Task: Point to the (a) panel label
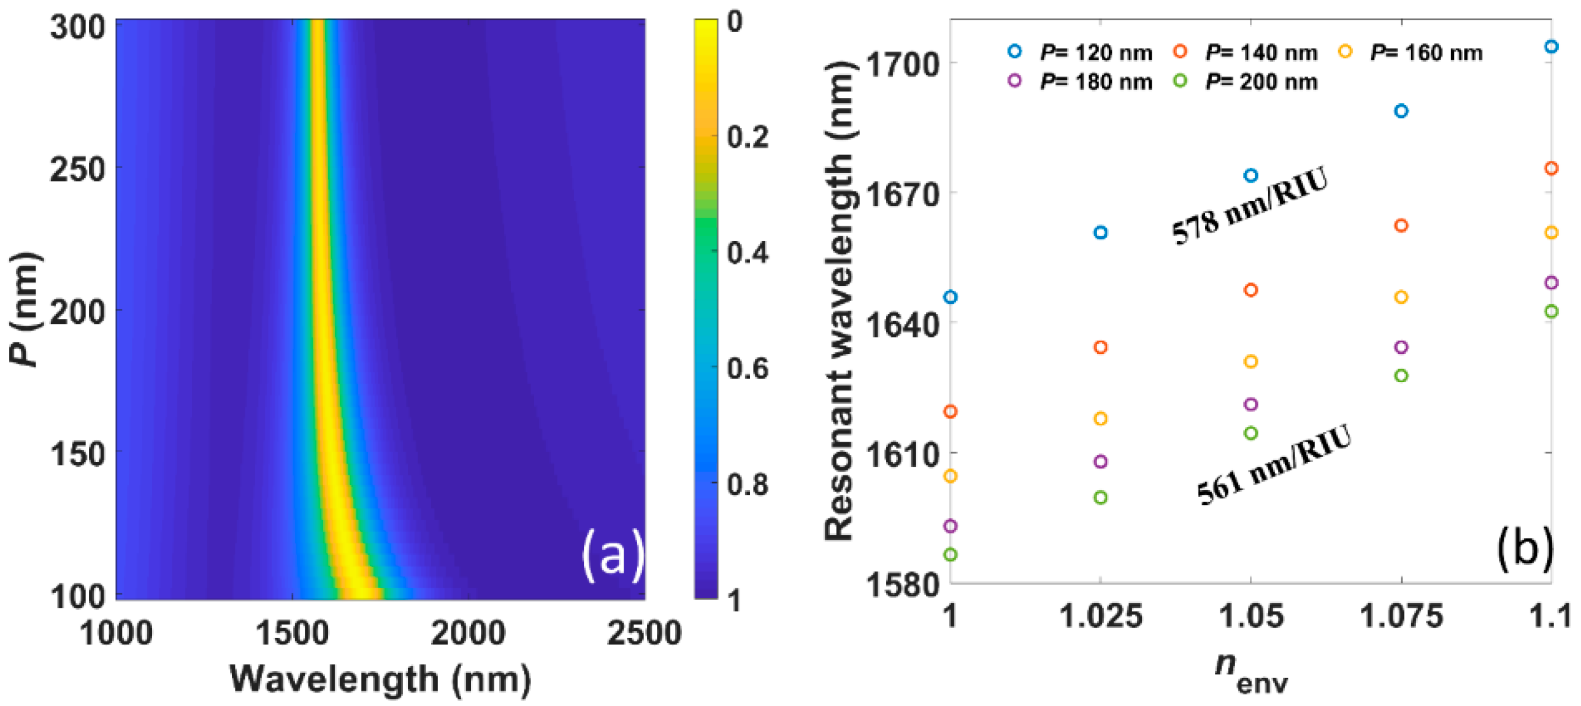613,555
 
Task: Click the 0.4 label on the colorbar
747,252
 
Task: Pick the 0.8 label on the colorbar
747,485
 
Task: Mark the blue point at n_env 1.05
1251,175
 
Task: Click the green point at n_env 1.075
1401,376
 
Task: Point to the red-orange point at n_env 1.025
1101,347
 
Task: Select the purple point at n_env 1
951,526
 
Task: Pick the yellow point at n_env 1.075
1401,297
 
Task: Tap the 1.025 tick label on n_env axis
1101,616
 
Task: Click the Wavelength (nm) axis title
380,679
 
